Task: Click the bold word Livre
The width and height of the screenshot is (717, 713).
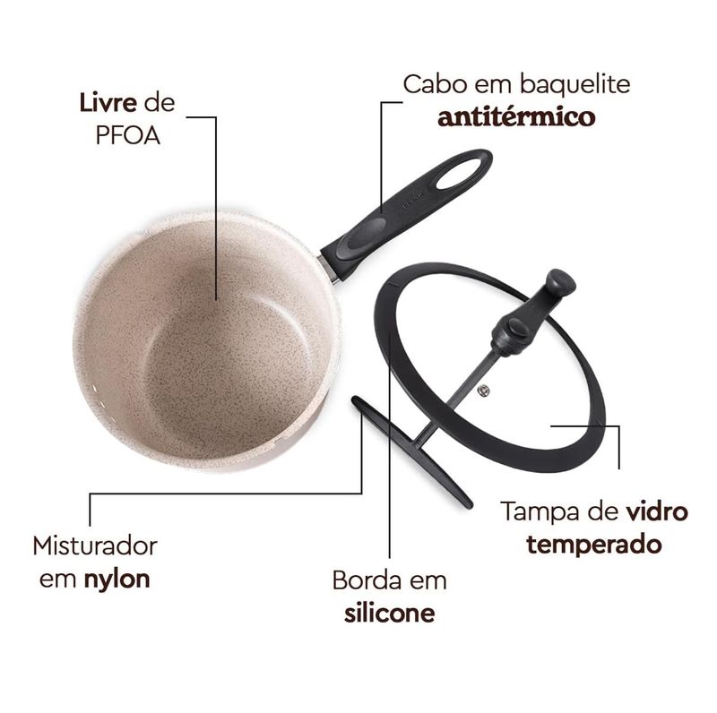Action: [108, 103]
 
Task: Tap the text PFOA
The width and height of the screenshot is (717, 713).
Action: [127, 136]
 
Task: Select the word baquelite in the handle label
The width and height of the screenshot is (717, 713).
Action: [574, 84]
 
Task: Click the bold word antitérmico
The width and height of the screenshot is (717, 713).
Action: [516, 117]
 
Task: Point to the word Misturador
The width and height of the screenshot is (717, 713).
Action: [95, 545]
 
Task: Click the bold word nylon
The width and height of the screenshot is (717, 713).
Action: [117, 580]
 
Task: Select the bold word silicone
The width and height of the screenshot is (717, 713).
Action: [390, 614]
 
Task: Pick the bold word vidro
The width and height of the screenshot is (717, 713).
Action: [657, 511]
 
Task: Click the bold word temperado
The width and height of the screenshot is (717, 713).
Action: [594, 545]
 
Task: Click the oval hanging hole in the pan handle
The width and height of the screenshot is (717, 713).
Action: [459, 174]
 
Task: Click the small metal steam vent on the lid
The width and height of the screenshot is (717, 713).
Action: [483, 391]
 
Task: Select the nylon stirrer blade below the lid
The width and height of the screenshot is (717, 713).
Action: [411, 451]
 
